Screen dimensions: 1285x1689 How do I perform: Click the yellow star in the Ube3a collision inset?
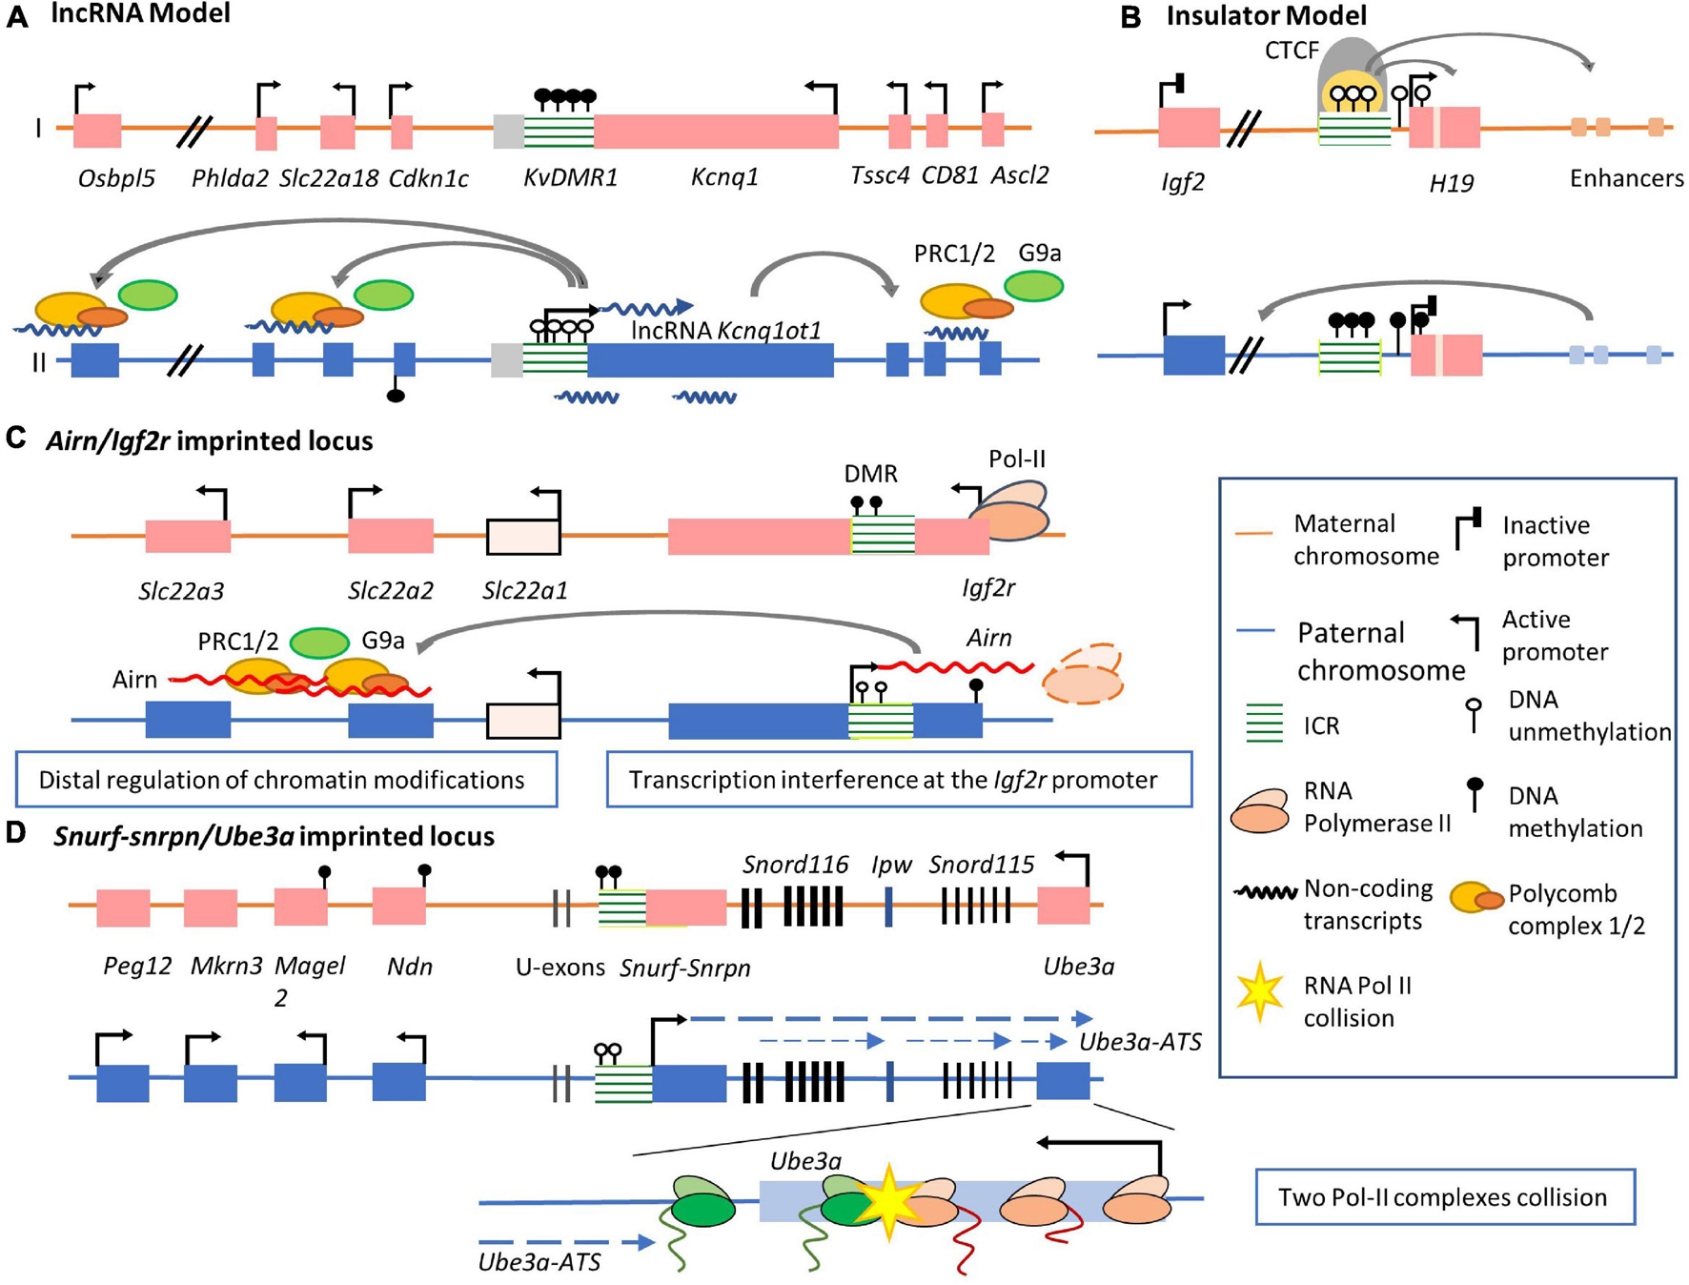click(888, 1203)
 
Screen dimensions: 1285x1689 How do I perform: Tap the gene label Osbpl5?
click(116, 178)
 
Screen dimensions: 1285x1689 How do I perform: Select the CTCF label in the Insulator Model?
click(1292, 51)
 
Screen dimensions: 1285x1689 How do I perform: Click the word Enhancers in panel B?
click(1626, 178)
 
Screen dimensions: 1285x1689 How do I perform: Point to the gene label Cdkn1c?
click(428, 178)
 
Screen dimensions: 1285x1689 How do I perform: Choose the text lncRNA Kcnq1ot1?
click(726, 331)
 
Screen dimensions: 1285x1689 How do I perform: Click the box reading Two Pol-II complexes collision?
click(1444, 1197)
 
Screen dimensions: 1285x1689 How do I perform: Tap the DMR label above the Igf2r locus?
click(870, 474)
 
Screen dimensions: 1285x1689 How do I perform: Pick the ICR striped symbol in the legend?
click(1264, 724)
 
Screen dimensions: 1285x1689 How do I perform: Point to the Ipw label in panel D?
click(891, 865)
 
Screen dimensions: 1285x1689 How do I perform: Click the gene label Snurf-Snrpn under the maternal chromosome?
click(684, 969)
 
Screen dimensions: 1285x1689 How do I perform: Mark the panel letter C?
click(16, 439)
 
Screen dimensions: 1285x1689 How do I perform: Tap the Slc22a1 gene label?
click(524, 590)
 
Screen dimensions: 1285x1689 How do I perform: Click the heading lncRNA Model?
click(140, 14)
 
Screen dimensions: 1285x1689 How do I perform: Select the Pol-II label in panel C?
click(1016, 459)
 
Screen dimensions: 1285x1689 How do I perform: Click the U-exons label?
click(560, 968)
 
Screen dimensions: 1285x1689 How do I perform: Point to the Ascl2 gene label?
click(1019, 175)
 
